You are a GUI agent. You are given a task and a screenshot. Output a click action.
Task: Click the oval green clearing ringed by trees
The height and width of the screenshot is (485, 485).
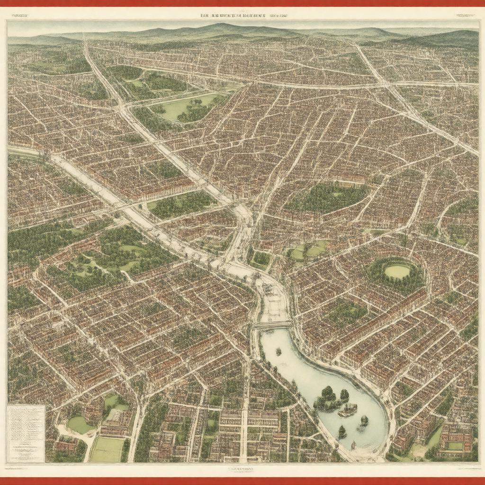point(397,271)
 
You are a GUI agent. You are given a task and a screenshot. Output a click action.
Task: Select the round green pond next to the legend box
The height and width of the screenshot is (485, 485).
point(79,424)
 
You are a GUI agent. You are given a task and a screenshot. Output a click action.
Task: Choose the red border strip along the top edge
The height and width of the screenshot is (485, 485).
point(242,3)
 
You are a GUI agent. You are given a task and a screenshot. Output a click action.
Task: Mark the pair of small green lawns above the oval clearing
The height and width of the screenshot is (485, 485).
point(308,251)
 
